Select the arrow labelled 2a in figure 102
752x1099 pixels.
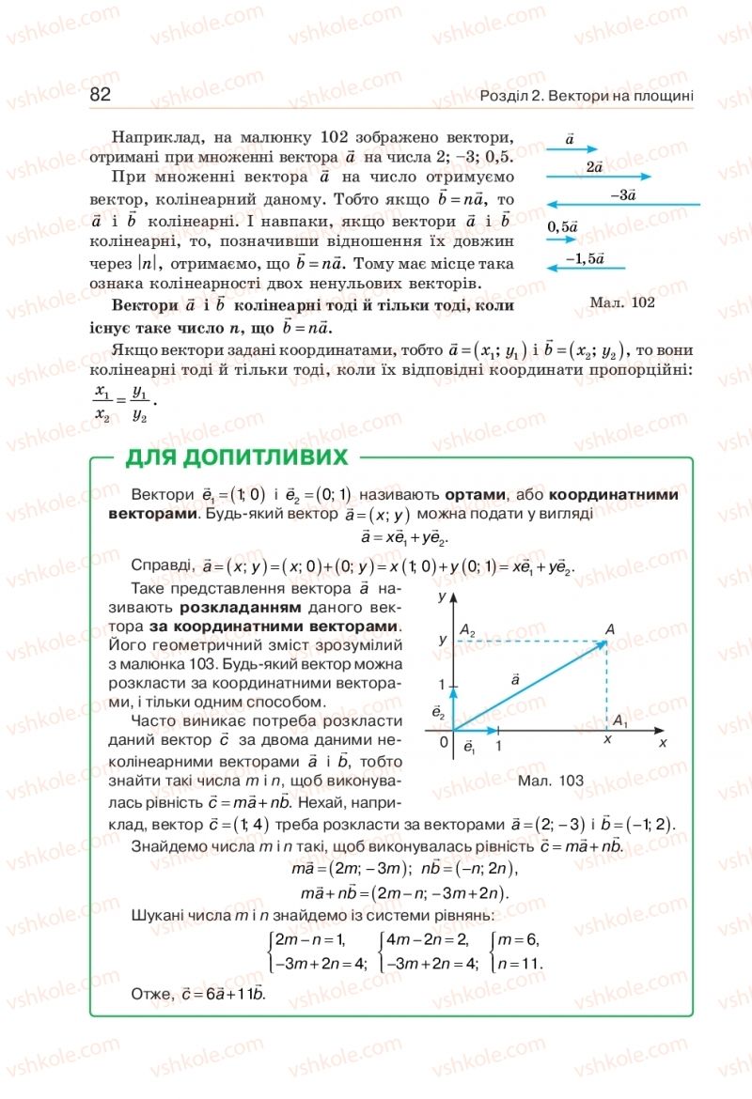point(599,177)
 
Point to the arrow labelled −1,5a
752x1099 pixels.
point(589,269)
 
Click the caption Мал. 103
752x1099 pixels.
point(550,781)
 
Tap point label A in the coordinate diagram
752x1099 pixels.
point(610,628)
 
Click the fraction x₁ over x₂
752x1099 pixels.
point(102,403)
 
